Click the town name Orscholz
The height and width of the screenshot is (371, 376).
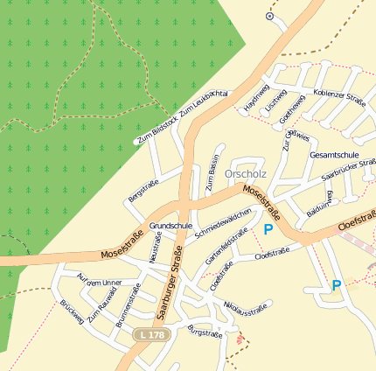pyautogui.click(x=246, y=173)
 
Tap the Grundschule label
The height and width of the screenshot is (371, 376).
pyautogui.click(x=171, y=226)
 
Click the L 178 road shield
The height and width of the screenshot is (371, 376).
pyautogui.click(x=148, y=335)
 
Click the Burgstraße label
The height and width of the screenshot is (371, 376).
pyautogui.click(x=205, y=332)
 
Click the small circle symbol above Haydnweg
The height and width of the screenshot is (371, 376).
pyautogui.click(x=269, y=16)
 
